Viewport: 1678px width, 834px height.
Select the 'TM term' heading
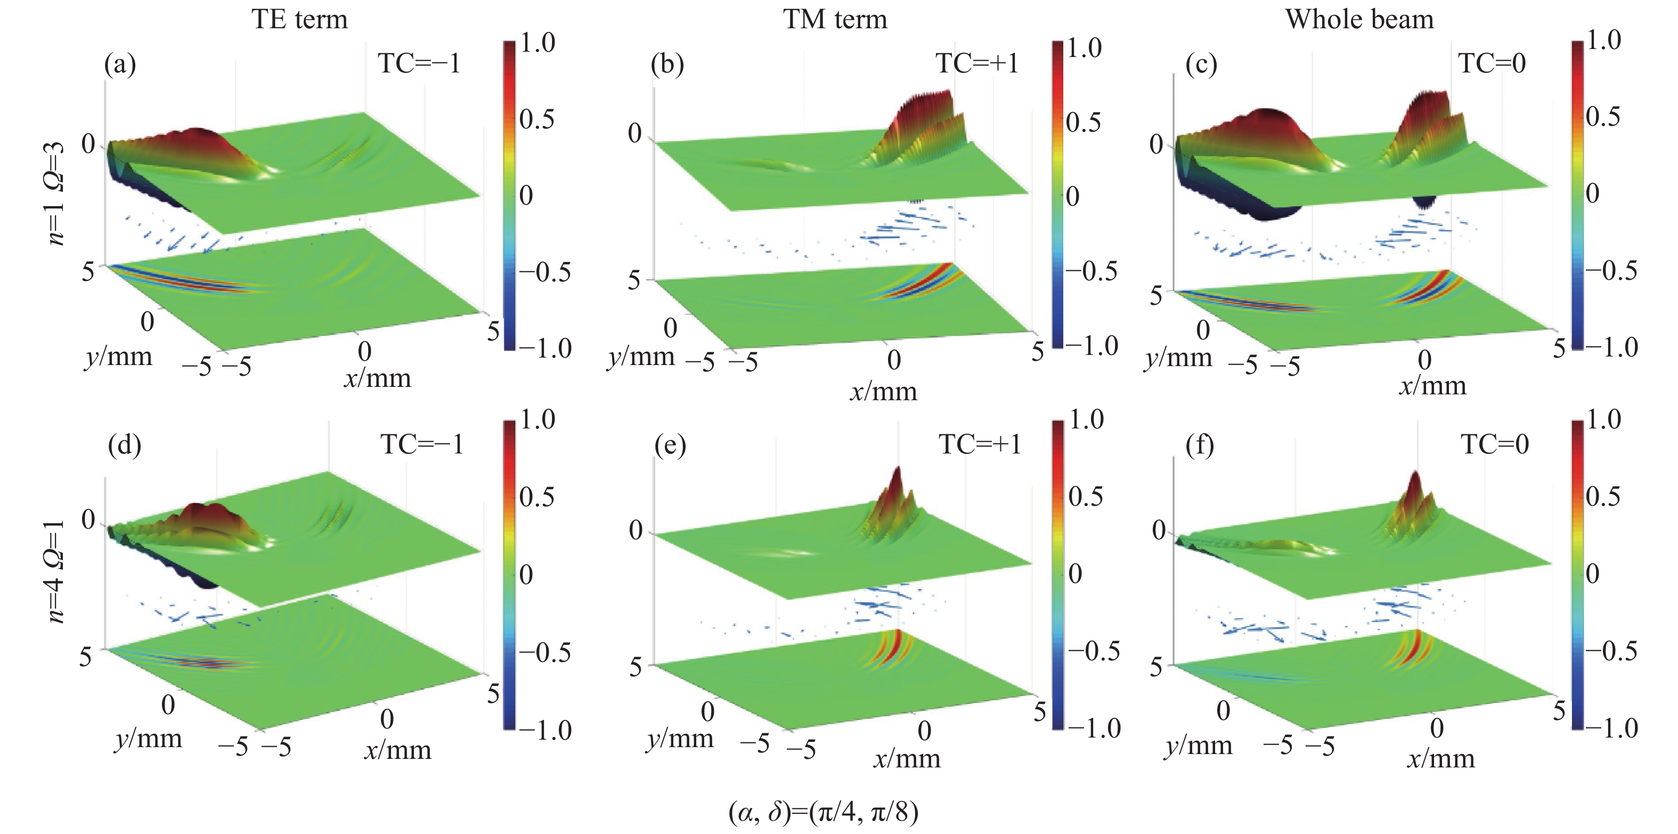pos(835,20)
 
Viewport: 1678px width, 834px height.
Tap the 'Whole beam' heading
pos(1359,20)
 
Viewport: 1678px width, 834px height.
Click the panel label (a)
pos(120,64)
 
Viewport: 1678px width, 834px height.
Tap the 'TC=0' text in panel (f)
pos(1494,445)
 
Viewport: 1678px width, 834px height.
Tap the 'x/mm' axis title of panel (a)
pos(378,378)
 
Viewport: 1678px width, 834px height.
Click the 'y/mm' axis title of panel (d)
pos(149,739)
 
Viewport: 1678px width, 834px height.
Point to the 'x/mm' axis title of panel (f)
pos(1441,759)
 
